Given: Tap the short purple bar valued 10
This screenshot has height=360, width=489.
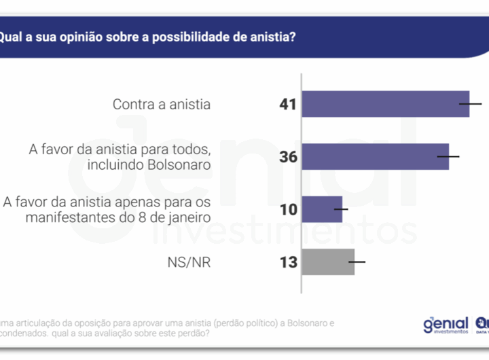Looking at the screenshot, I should [x=321, y=209].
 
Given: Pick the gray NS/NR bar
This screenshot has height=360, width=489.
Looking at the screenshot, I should [x=328, y=262].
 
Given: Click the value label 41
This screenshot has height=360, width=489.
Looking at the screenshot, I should [x=289, y=105].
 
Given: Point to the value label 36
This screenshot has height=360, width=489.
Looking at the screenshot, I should [x=289, y=157].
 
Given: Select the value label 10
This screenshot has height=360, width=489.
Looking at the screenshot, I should [x=289, y=209].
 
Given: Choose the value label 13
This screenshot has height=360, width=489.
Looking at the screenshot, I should [x=289, y=262].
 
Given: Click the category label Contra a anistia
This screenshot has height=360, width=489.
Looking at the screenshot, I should [x=162, y=105].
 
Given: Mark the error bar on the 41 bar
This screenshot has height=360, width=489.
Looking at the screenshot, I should [x=470, y=104].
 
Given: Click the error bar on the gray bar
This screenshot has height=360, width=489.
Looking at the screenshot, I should [x=355, y=262].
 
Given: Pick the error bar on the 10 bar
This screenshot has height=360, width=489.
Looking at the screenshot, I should [x=342, y=209].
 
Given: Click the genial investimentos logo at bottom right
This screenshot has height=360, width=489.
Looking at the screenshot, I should [x=446, y=325].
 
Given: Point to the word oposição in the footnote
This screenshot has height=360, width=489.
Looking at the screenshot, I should [x=89, y=322].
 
